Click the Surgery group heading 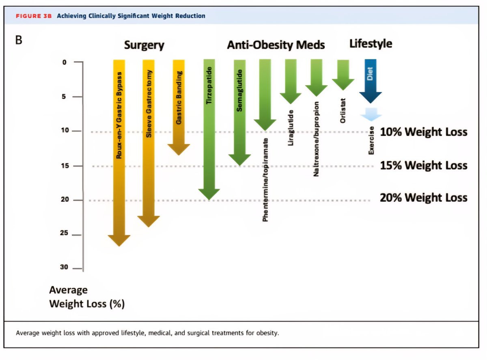tap(144, 45)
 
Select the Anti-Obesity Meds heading tap(276, 45)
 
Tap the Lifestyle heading tap(371, 43)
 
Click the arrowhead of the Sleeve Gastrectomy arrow tap(149, 221)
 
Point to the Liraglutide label tap(290, 127)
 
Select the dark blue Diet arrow tap(371, 81)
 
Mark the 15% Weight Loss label tap(423, 165)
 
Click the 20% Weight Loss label tap(423, 198)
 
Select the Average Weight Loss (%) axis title tap(86, 297)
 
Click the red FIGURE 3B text tap(34, 16)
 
